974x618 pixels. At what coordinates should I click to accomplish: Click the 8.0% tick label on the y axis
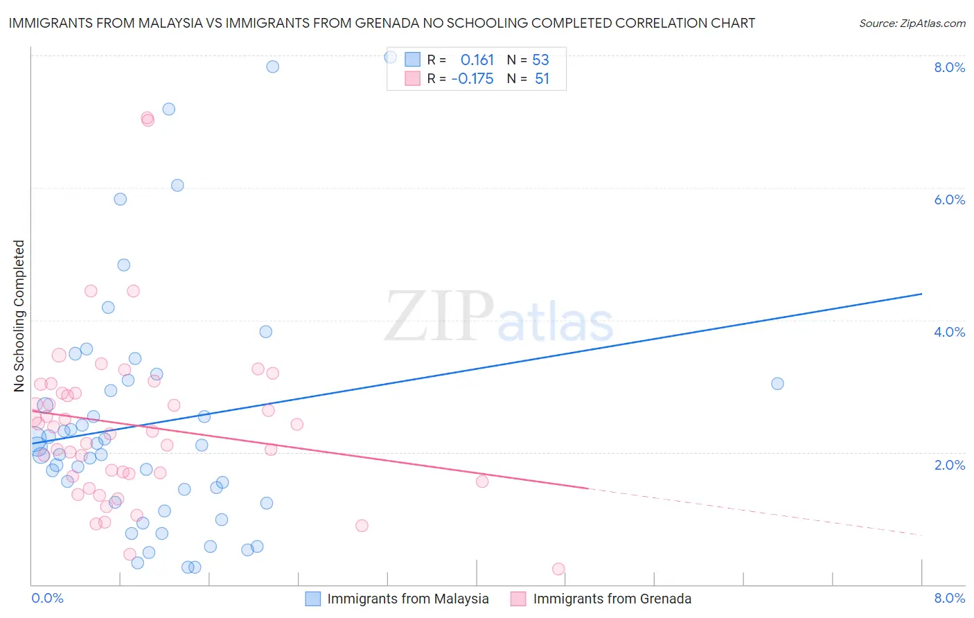[949, 67]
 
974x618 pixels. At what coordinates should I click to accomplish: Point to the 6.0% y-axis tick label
[949, 200]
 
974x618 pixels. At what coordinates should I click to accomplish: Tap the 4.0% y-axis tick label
[949, 332]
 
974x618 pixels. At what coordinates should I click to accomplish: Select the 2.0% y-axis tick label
[949, 465]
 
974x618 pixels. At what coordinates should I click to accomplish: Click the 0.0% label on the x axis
[47, 598]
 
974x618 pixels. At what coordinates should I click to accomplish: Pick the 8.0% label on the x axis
[949, 598]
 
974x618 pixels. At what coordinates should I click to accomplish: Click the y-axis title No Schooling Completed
[19, 316]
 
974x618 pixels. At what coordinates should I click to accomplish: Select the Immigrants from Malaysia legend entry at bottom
[407, 599]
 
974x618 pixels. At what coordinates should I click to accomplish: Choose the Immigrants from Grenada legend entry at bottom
[612, 599]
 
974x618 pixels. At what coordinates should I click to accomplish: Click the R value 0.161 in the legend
[477, 60]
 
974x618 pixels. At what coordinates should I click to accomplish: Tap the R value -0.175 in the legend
[472, 79]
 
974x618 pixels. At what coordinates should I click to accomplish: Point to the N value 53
[540, 60]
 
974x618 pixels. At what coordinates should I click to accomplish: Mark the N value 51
[542, 79]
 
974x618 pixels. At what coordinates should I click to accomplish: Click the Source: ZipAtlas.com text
[912, 23]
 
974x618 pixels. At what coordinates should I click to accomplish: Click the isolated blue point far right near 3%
[777, 384]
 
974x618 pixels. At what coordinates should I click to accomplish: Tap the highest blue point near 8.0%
[273, 67]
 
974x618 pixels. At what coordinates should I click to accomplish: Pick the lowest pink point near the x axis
[558, 569]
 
